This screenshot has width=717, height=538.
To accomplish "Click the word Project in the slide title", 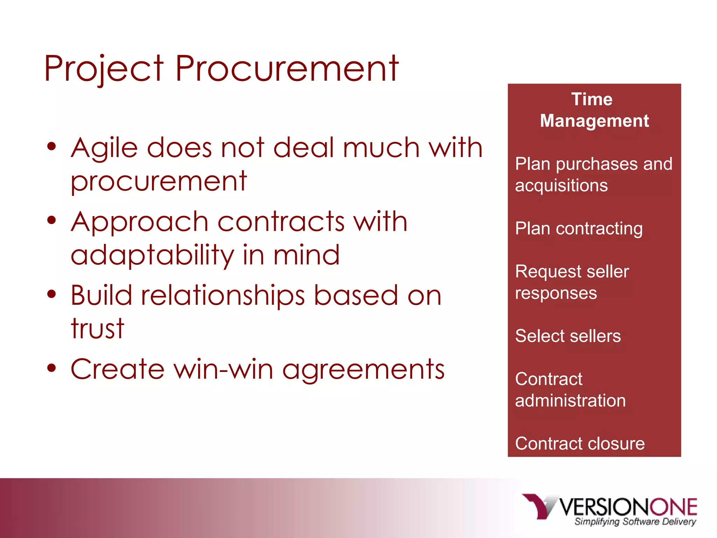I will pos(104,69).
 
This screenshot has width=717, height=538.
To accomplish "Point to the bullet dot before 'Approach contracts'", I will pos(51,220).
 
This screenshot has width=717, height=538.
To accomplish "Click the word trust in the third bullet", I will pos(97,329).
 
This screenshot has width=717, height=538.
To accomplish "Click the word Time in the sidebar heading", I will pos(592,99).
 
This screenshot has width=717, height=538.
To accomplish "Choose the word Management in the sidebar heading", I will pos(594,121).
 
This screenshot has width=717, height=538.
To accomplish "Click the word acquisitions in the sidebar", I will pos(561,186).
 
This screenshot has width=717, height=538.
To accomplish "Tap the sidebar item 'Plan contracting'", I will pos(579,229).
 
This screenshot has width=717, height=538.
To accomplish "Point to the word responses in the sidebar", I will pos(556,293).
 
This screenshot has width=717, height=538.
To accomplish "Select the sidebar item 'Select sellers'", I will pos(568,336).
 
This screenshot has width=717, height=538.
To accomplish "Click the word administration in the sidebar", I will pos(570,400).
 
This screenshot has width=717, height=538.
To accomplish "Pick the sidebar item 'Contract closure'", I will pos(580,443).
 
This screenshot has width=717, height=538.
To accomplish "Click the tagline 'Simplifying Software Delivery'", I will pos(635,522).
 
